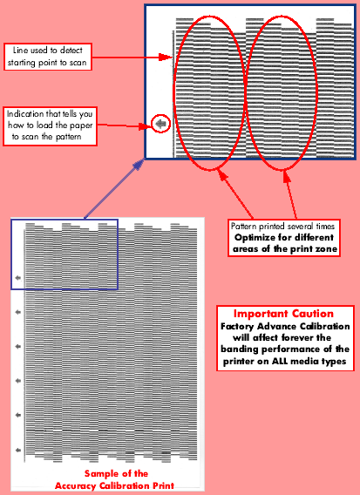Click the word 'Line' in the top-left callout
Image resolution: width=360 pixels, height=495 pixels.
point(21,51)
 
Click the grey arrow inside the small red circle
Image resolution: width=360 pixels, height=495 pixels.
point(161,124)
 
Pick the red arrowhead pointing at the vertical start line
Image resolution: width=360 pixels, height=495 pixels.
point(166,58)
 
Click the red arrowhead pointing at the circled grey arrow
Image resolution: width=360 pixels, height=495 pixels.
point(145,126)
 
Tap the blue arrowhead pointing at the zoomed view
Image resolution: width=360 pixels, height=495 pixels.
point(139,165)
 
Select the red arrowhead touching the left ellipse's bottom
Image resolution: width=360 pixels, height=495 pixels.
point(223,176)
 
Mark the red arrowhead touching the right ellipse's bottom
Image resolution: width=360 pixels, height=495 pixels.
point(287,177)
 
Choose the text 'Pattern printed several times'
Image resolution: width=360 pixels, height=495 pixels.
point(282,227)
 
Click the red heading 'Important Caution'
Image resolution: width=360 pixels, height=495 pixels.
point(283,314)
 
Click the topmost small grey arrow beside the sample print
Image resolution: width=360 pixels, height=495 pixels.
point(18,278)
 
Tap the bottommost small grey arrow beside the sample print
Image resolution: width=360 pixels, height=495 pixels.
point(18,451)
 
